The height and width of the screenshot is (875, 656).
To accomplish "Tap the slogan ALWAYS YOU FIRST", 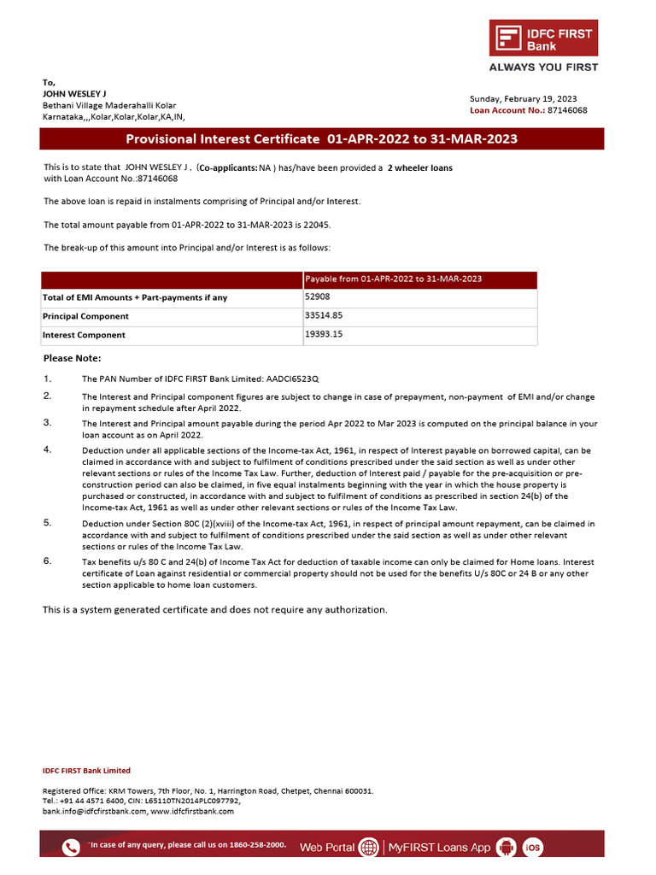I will pos(543,67).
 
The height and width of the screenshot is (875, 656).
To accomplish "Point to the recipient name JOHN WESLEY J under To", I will pos(76,94).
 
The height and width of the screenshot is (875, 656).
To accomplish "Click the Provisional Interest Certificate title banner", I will pos(322,139).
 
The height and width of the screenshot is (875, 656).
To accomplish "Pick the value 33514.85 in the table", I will pos(324,315).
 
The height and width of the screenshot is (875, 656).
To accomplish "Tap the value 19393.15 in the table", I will pos(324,334).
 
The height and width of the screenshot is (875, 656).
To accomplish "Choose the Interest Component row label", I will pos(84,335).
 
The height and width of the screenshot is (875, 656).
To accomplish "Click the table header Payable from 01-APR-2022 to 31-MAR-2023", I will pos(394,279).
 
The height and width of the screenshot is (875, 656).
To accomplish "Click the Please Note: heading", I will pos(72,358).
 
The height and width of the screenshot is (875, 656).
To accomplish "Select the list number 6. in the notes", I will pos(48,561).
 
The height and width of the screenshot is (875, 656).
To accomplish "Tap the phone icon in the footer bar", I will pos(71,847).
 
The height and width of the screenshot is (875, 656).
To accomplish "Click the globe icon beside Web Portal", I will pos(369,847).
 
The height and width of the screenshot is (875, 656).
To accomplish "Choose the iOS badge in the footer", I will pos(533,847).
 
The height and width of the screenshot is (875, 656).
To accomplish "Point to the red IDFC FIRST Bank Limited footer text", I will pos(86,771).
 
